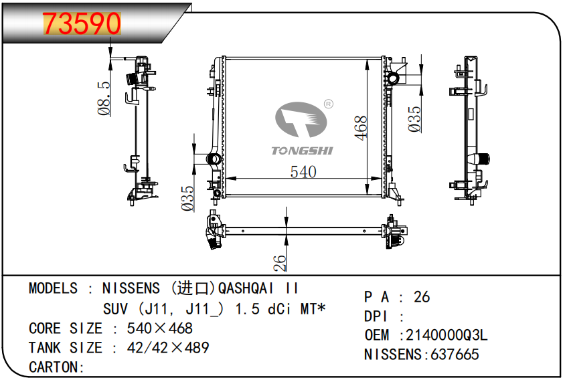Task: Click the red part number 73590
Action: pos(82,23)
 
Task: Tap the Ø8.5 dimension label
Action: pos(104,98)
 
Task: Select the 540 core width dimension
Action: pos(303,172)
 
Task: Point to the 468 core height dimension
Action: pos(361,128)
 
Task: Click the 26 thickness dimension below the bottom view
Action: pos(280,263)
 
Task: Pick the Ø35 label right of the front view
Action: pos(415,119)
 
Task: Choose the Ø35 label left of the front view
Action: pos(187,199)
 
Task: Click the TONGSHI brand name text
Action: pos(302,151)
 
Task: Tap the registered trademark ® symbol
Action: pos(328,104)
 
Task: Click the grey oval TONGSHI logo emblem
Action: pos(301,120)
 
